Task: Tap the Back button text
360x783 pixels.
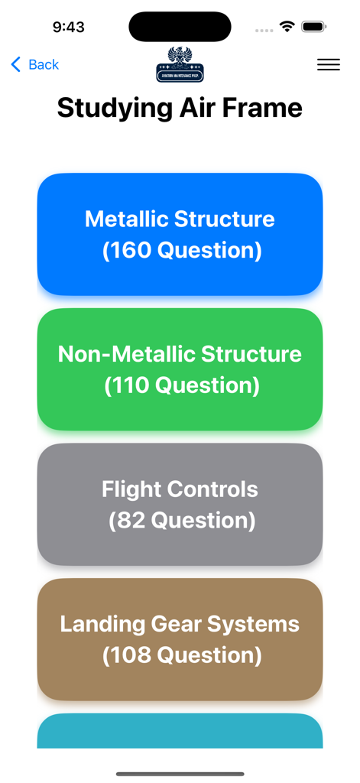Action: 44,65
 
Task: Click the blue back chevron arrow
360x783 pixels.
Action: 15,65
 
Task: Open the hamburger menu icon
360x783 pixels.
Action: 329,65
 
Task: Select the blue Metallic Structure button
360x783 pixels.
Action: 180,234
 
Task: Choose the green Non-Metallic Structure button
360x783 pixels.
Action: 180,369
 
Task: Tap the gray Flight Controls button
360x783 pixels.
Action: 180,505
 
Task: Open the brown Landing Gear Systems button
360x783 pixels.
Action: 180,639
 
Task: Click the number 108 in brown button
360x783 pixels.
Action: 128,656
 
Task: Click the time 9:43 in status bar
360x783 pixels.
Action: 69,28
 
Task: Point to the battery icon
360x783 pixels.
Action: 314,27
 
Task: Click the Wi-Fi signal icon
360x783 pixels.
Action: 287,27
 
